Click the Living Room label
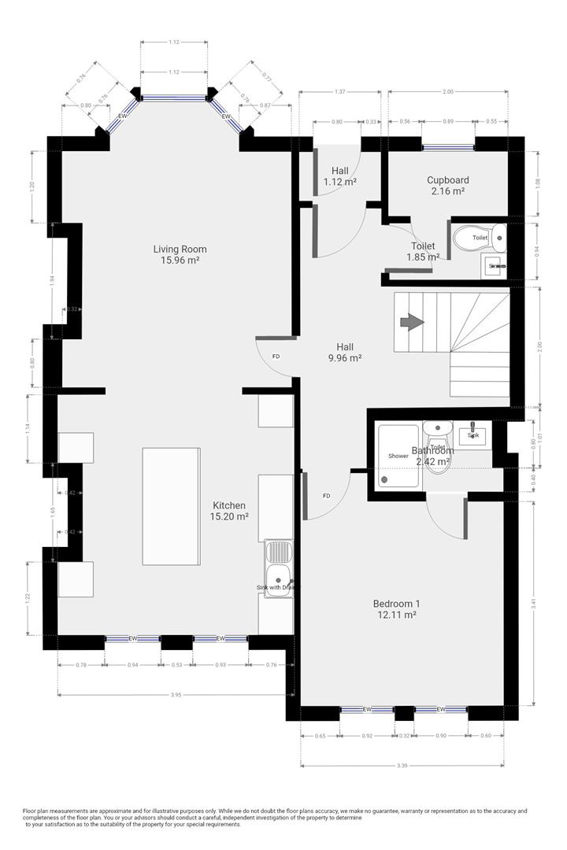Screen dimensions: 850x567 tap(180, 249)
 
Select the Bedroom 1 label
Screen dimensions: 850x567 tap(395, 604)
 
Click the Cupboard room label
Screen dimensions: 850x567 tap(447, 179)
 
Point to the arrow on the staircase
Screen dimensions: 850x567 tap(411, 322)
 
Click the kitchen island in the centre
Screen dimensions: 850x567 tap(171, 505)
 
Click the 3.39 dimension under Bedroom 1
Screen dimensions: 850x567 tap(402, 764)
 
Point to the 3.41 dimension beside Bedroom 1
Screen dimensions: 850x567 tap(534, 604)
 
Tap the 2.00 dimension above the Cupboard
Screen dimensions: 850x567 tap(448, 92)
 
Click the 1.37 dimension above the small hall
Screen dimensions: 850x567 tap(339, 92)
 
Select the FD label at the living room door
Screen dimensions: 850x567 tap(276, 357)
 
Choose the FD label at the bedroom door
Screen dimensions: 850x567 tap(326, 496)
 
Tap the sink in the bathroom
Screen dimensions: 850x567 tap(473, 435)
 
